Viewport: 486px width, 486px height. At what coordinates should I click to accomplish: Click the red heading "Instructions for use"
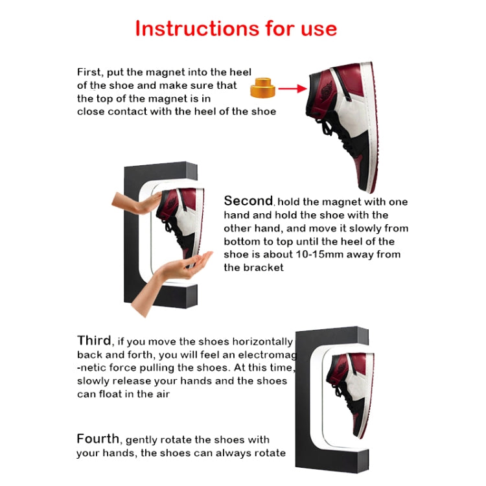(x=236, y=29)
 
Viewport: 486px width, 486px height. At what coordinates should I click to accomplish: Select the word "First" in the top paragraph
(x=89, y=72)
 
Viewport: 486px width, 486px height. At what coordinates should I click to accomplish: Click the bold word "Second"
(x=248, y=201)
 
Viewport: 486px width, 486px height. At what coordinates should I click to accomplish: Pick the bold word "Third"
(x=93, y=341)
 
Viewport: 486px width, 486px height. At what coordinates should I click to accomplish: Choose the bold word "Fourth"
(x=98, y=439)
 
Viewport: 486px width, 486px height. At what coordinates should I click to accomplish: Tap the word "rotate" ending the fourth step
(x=269, y=453)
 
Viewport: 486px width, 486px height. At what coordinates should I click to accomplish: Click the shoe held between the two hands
(x=181, y=224)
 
